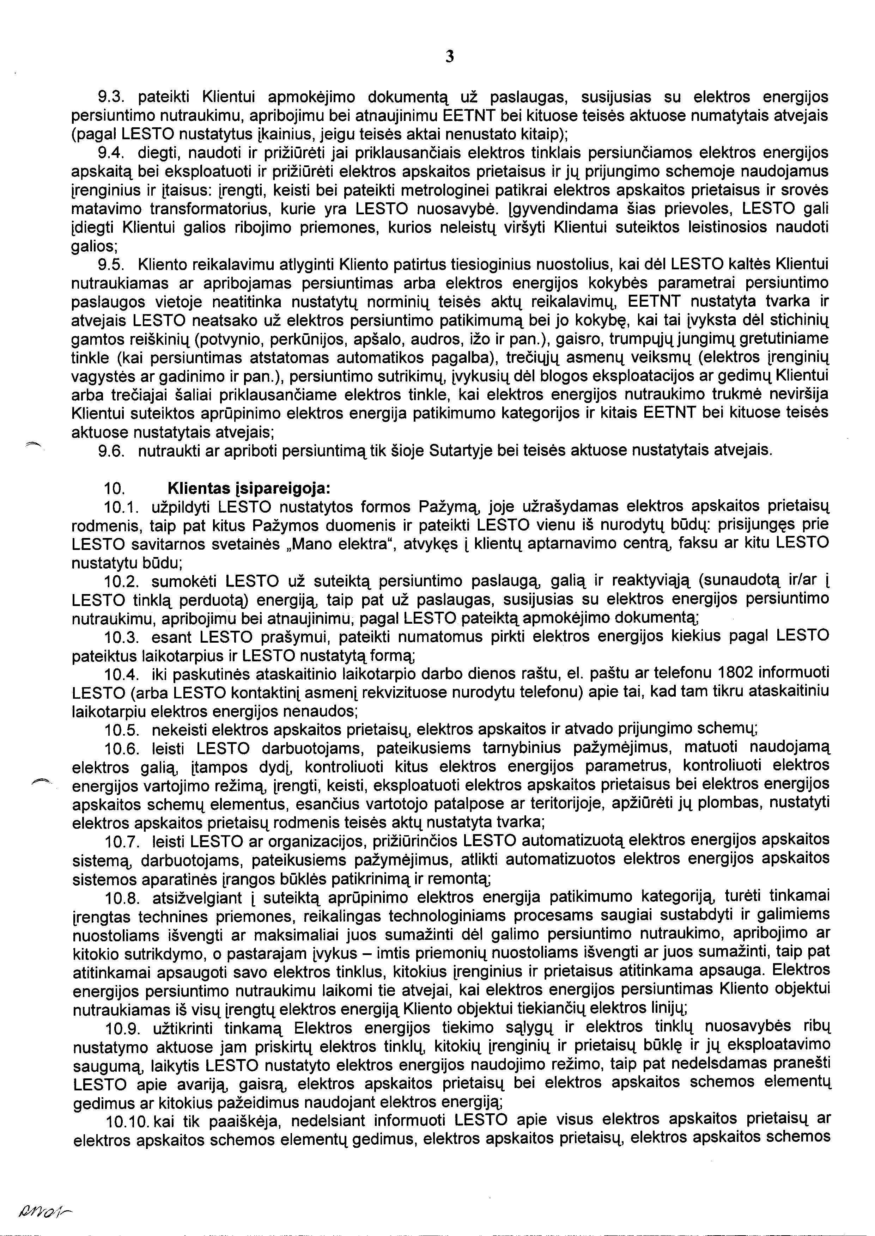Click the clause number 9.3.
(x=111, y=98)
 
